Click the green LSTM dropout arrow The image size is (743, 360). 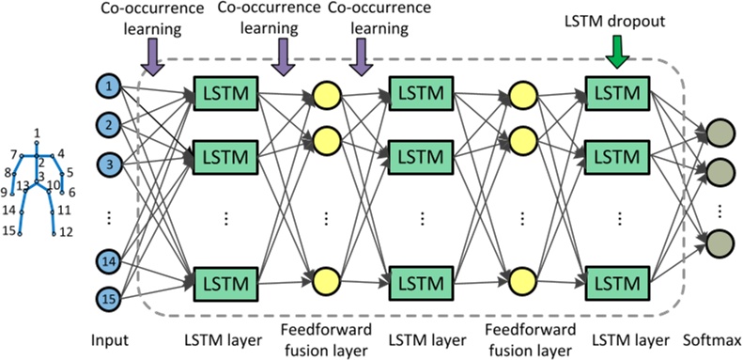pos(615,54)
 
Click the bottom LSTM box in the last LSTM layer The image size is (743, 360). pos(617,282)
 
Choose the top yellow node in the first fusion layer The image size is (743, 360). pos(326,96)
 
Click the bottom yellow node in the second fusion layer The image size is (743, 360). pos(520,280)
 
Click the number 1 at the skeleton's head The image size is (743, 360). pos(37,132)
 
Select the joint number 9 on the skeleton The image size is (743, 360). pos(5,192)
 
